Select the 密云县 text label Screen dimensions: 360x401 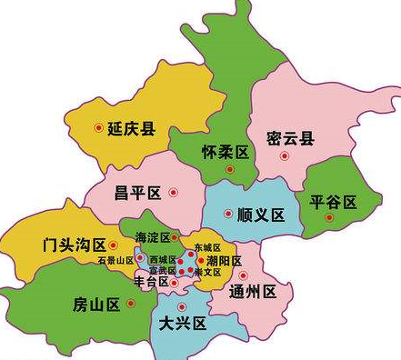[291, 139]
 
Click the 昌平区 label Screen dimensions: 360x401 [137, 192]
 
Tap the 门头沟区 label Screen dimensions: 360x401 [75, 245]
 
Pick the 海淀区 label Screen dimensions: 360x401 [152, 237]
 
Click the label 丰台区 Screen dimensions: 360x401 [152, 283]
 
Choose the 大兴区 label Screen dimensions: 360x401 [183, 324]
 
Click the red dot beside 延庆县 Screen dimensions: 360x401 [99, 128]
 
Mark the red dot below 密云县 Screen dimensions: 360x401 [285, 156]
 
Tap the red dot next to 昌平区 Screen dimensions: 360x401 [173, 192]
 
